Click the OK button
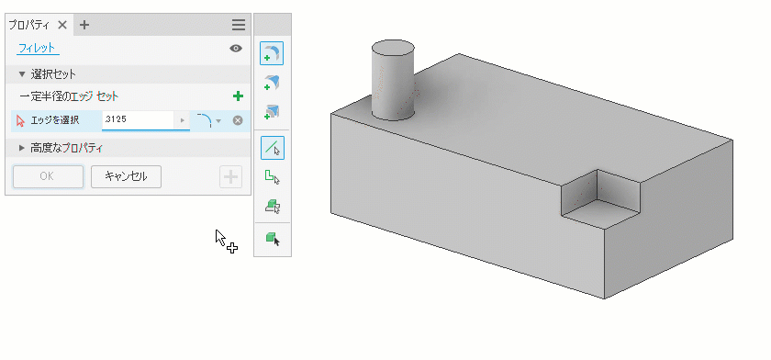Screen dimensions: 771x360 [48, 176]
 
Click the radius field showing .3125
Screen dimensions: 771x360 [138, 120]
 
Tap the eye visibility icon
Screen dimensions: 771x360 [236, 48]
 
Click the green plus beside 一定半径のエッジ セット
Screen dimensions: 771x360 [238, 96]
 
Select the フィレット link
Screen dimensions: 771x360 [37, 48]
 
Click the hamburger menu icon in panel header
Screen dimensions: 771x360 [239, 25]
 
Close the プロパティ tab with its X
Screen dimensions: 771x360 [62, 25]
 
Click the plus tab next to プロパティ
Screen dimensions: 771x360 [84, 25]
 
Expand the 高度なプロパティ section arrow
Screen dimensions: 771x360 [22, 148]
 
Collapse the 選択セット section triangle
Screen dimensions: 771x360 [22, 74]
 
